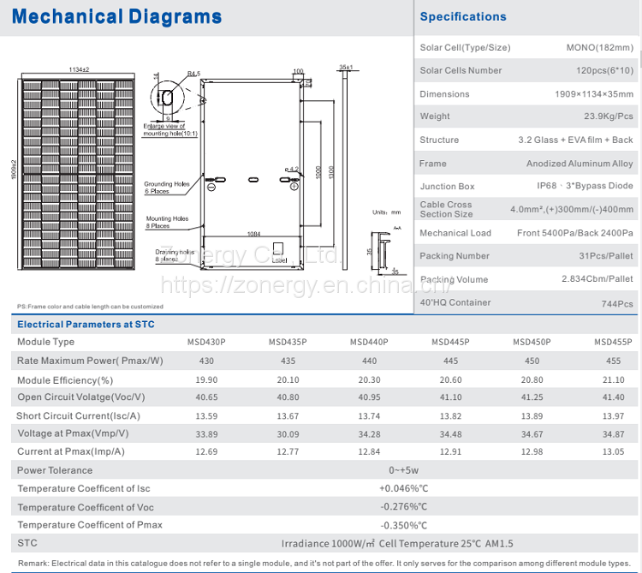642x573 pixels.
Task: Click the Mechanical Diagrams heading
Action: click(118, 17)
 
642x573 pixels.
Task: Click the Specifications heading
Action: click(463, 16)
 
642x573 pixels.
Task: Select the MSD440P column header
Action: click(369, 342)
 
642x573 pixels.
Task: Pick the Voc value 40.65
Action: click(206, 397)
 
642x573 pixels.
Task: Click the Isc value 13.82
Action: click(450, 415)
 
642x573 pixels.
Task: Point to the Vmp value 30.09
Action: click(288, 434)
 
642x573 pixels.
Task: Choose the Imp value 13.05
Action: click(614, 451)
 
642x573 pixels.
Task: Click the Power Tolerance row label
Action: click(55, 470)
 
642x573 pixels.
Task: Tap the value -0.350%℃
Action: click(403, 524)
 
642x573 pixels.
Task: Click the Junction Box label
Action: click(447, 186)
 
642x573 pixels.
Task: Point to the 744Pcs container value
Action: click(617, 303)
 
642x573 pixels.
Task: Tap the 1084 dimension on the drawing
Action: click(253, 234)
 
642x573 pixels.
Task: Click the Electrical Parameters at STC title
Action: click(86, 325)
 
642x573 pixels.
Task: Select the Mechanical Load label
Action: click(455, 232)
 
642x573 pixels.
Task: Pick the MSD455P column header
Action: click(614, 342)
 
